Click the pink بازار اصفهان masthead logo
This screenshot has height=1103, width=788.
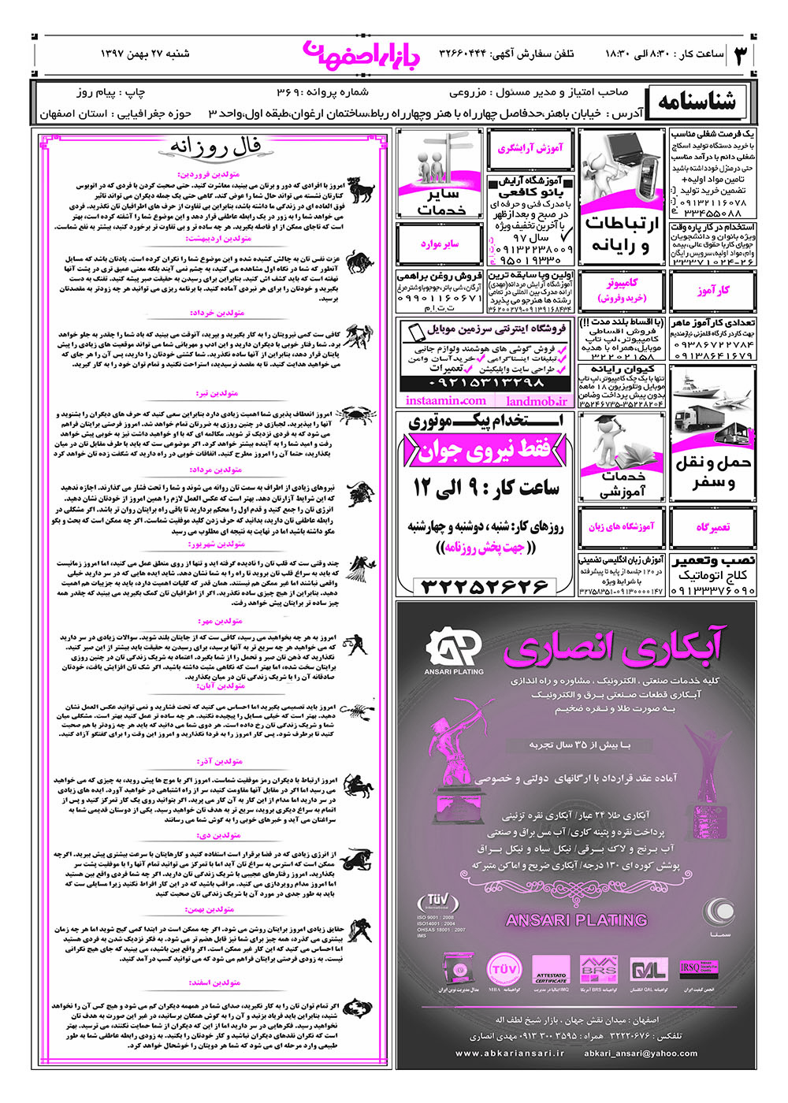pyautogui.click(x=362, y=53)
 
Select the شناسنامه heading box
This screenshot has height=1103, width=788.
pyautogui.click(x=697, y=102)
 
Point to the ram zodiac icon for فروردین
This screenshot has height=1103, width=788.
pyautogui.click(x=362, y=191)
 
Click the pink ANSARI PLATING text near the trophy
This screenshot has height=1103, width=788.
pyautogui.click(x=576, y=919)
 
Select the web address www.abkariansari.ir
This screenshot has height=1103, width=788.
pyautogui.click(x=511, y=1053)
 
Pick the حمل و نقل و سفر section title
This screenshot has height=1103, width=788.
pyautogui.click(x=712, y=472)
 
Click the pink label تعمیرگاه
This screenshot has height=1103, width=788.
pyautogui.click(x=712, y=527)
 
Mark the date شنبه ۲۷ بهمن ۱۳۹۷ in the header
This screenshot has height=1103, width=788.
pyautogui.click(x=145, y=54)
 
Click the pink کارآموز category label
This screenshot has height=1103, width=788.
pyautogui.click(x=712, y=290)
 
